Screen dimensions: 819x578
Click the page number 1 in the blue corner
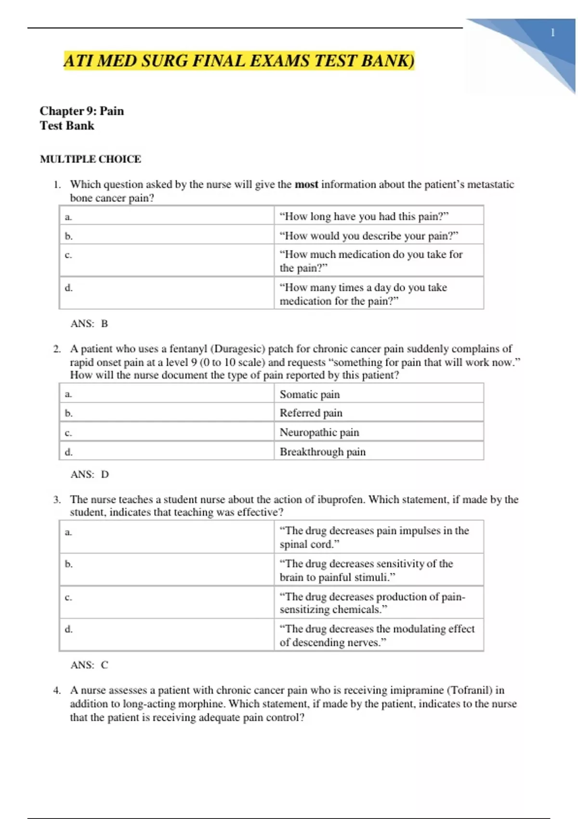coord(552,33)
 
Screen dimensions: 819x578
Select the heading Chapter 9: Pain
coord(82,111)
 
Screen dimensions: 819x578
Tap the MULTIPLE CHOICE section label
coord(91,159)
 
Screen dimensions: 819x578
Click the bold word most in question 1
coord(306,185)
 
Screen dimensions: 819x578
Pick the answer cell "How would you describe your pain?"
coord(369,236)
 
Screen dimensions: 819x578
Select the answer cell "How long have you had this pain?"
coord(364,216)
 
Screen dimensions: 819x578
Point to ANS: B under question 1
coord(90,324)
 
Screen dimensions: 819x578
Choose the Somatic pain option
coord(310,394)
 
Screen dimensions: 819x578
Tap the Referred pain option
coord(311,413)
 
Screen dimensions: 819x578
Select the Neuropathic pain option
coord(319,432)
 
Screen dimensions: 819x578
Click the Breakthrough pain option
coord(323,452)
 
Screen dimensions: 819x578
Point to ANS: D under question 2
coord(90,475)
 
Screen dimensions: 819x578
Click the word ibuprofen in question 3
coord(340,500)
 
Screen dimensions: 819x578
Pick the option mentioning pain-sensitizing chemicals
coord(372,603)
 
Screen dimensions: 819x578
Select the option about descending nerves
coord(377,635)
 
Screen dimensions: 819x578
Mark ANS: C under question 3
coord(90,665)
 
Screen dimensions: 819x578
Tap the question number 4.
coord(57,690)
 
